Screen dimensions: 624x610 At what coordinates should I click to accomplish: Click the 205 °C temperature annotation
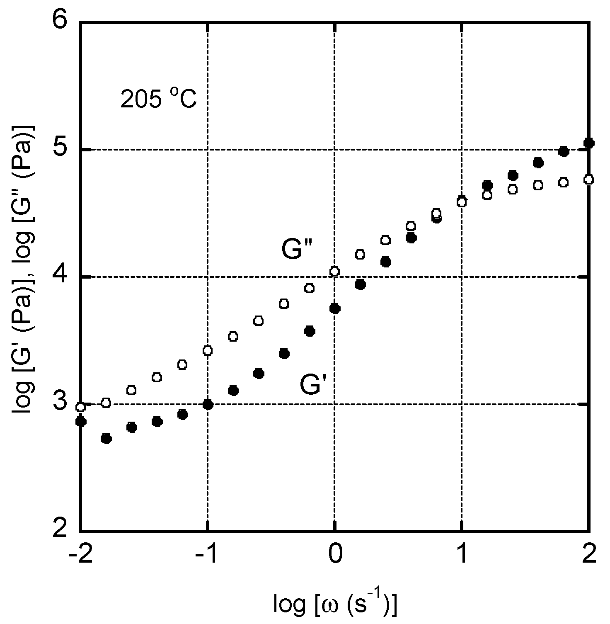158,100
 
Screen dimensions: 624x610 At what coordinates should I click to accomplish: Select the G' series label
314,385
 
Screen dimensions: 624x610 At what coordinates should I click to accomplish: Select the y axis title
24,276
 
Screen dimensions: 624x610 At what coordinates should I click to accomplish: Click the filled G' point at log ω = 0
335,308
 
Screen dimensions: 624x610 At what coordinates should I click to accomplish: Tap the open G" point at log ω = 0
334,271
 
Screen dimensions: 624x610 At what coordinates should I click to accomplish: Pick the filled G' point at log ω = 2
588,143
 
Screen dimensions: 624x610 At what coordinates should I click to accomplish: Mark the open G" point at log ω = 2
588,180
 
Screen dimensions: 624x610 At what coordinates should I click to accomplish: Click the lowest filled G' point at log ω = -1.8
106,438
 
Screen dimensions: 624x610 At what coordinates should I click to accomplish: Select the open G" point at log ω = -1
208,350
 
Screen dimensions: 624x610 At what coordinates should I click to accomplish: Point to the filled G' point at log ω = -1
208,405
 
